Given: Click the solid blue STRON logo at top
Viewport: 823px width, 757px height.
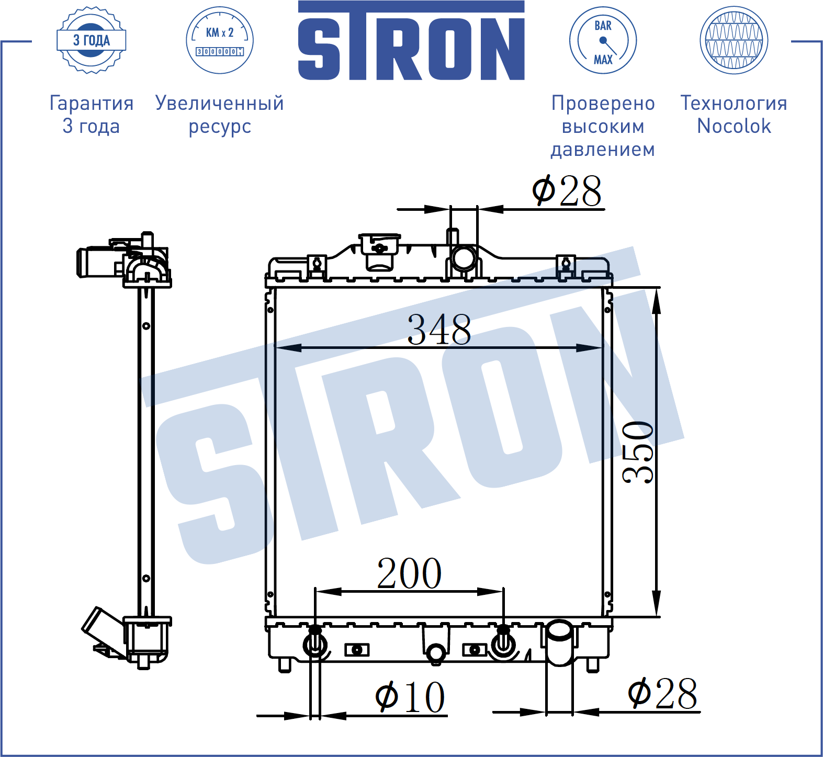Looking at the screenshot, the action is pos(411,41).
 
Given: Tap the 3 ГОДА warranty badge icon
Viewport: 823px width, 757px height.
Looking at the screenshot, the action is pos(92,40).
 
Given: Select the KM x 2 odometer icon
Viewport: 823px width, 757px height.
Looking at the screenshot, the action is pos(220,40).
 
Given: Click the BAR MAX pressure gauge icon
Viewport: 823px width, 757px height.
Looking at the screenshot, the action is pos(603,40).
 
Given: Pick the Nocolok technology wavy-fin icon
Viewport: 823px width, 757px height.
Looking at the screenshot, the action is pos(734,40).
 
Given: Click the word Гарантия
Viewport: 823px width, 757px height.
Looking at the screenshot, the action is pos(92,104).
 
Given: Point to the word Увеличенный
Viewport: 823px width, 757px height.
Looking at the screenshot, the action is pos(220,104).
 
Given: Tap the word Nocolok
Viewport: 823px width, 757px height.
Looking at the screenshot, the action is pos(734,126).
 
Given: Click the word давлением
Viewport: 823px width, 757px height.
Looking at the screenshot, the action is pos(603,150).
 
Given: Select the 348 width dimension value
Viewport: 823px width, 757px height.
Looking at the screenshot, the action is pos(439,330).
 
